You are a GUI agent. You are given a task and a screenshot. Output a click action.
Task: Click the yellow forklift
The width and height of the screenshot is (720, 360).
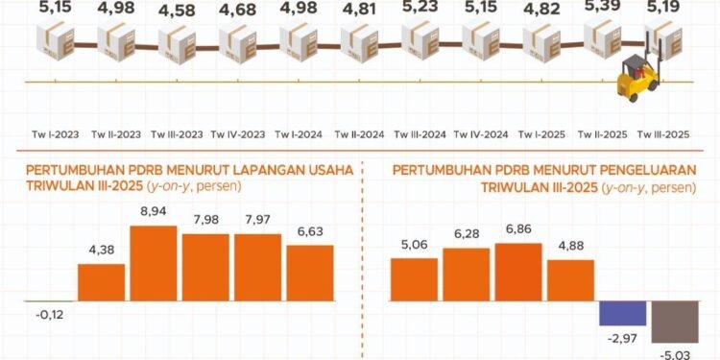[x=636, y=78]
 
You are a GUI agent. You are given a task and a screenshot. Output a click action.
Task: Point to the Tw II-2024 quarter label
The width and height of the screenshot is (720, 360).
[x=361, y=134]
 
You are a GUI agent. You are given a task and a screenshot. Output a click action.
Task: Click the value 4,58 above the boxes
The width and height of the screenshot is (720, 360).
[x=177, y=12]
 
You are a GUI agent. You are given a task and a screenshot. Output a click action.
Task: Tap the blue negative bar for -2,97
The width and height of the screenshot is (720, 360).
[x=620, y=315]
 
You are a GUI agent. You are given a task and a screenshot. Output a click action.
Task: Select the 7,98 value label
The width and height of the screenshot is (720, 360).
[x=204, y=221]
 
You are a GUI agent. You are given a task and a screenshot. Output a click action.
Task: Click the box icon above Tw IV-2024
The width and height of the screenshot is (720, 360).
[x=483, y=41]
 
